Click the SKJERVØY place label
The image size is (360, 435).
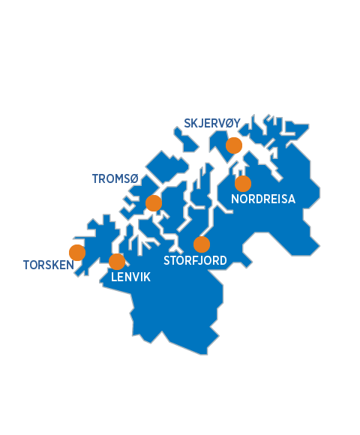click(212, 124)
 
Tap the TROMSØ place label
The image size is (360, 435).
click(115, 178)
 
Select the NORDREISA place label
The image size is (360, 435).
click(263, 199)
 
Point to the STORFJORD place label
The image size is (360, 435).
click(195, 261)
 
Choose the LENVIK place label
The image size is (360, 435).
click(130, 277)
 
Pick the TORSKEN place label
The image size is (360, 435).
click(49, 265)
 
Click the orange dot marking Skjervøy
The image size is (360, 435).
click(234, 145)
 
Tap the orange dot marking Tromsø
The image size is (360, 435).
click(154, 202)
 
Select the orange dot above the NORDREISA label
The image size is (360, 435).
click(243, 183)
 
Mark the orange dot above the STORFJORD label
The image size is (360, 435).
click(202, 244)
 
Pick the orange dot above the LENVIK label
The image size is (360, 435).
click(117, 261)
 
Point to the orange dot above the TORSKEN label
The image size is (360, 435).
click(77, 253)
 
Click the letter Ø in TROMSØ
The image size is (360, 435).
click(135, 178)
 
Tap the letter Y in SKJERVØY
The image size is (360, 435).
click(237, 124)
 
